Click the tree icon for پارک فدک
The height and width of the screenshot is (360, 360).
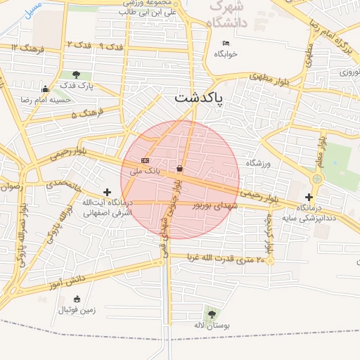76,75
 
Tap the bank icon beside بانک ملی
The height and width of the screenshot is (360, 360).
145,160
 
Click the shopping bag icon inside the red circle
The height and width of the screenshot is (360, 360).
180,169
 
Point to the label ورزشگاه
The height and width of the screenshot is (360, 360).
258,163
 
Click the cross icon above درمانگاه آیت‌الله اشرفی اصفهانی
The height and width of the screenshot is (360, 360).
107,192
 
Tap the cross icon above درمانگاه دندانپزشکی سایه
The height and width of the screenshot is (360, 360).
309,197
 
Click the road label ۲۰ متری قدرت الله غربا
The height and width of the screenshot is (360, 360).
226,259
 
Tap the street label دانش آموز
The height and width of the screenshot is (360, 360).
67,280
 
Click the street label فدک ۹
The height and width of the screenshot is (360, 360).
112,46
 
